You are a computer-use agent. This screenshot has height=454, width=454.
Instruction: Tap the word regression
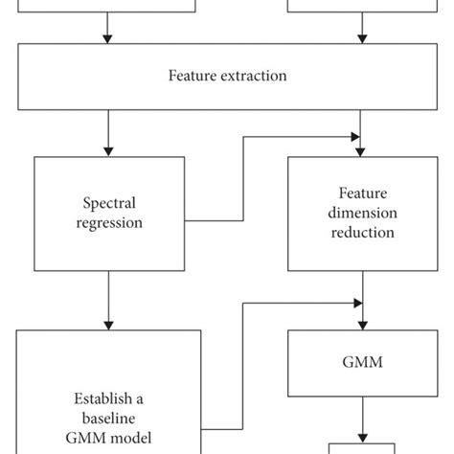(x=108, y=223)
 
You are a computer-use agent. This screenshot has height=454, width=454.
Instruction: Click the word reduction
(x=362, y=232)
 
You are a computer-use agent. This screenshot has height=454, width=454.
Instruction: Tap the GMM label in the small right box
(x=362, y=364)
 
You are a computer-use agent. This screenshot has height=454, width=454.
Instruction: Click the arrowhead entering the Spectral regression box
(x=108, y=151)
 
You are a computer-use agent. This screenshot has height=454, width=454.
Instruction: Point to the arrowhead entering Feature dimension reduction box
(x=362, y=151)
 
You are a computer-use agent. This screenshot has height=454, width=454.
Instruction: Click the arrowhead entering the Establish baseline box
(x=108, y=325)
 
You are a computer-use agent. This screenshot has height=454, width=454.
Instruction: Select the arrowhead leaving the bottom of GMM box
(x=362, y=436)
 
